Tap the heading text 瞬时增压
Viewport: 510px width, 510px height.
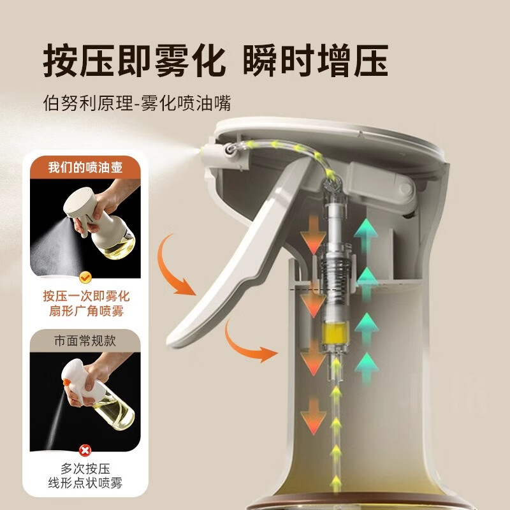(x=316, y=62)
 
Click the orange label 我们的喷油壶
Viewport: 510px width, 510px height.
(x=85, y=168)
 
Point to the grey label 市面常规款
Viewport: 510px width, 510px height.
(x=85, y=340)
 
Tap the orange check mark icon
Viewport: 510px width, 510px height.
(x=85, y=279)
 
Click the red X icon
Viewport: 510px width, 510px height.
(x=85, y=450)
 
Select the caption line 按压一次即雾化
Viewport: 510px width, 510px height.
(x=85, y=296)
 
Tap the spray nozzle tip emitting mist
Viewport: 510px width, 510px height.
(x=205, y=150)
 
